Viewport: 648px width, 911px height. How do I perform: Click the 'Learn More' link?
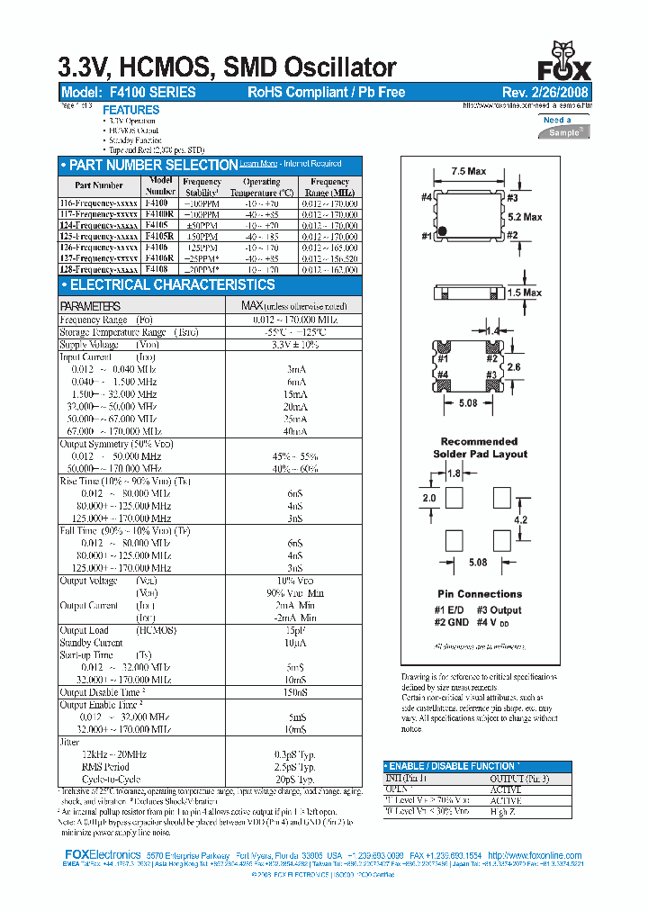(258, 164)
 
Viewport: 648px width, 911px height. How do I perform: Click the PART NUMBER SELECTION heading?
(152, 165)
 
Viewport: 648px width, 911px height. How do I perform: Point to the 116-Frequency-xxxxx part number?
(98, 204)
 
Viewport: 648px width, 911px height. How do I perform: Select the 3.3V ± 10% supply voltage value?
(295, 345)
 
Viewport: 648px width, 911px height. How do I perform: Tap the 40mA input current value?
(295, 431)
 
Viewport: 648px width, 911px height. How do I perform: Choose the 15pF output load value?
(295, 630)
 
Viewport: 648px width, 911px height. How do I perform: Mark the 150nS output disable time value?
(295, 692)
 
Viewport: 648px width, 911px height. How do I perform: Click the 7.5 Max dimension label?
(468, 171)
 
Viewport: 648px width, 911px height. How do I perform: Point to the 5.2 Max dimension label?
(525, 217)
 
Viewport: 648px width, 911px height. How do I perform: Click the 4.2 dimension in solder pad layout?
(520, 520)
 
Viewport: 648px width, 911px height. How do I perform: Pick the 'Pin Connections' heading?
(480, 594)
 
